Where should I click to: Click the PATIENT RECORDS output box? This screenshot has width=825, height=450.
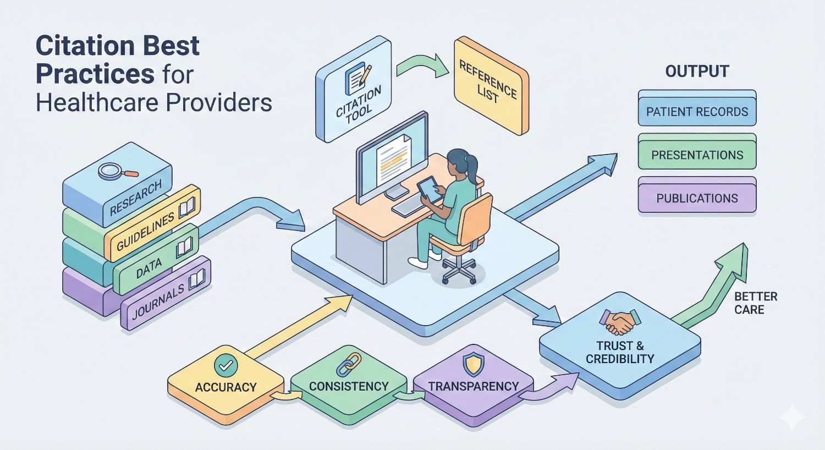tap(697, 112)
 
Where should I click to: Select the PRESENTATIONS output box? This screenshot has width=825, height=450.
tap(697, 155)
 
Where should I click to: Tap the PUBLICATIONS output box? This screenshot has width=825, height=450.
tap(697, 198)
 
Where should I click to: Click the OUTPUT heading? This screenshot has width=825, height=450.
tap(697, 72)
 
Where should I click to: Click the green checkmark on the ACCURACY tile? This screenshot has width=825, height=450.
tap(226, 364)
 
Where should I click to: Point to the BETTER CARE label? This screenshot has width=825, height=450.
tap(755, 303)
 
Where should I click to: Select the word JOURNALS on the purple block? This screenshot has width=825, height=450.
tap(158, 302)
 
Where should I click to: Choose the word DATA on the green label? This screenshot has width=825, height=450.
tap(148, 269)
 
